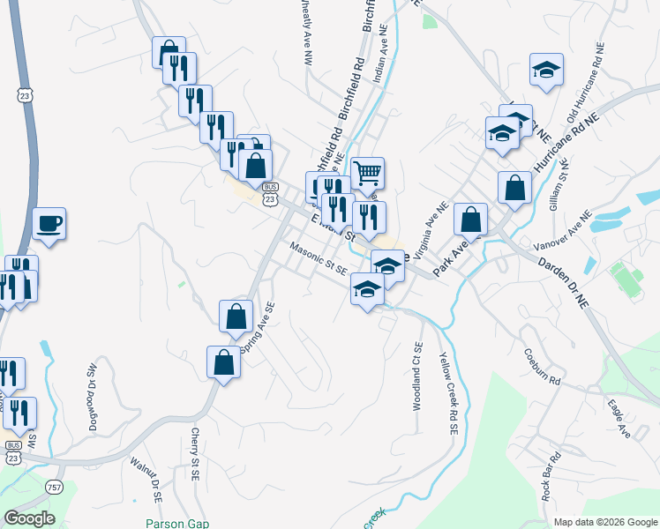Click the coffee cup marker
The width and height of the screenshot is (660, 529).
[49, 223]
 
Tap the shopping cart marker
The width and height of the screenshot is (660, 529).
[367, 172]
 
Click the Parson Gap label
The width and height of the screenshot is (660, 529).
[177, 523]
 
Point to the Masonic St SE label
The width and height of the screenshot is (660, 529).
[319, 261]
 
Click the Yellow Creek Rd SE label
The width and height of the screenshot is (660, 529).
[449, 392]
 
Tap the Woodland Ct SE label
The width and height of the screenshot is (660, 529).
[417, 376]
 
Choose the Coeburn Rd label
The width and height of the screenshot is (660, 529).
[542, 368]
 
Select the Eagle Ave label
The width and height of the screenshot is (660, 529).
[619, 419]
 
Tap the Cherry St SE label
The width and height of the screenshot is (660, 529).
[195, 455]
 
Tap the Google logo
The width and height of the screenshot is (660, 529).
[30, 518]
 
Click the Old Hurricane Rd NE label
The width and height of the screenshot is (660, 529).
[586, 91]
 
